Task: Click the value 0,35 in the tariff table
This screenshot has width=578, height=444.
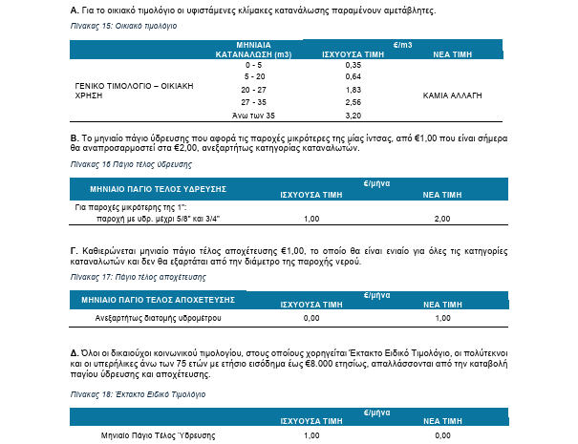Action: point(352,64)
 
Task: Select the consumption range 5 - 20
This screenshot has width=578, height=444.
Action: point(255,76)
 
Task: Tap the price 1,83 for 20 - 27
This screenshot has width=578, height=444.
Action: point(352,89)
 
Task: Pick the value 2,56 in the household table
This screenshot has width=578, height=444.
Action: point(352,101)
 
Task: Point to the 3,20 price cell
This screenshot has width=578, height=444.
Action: point(352,115)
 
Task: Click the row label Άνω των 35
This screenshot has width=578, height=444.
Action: point(255,115)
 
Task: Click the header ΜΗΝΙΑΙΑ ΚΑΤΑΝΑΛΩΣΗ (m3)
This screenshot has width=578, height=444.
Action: point(255,50)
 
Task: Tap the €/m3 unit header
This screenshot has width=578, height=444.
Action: point(404,44)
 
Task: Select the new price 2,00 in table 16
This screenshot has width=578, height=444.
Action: point(442,219)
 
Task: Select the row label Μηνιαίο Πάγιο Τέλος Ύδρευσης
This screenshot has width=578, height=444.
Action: point(160,435)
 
